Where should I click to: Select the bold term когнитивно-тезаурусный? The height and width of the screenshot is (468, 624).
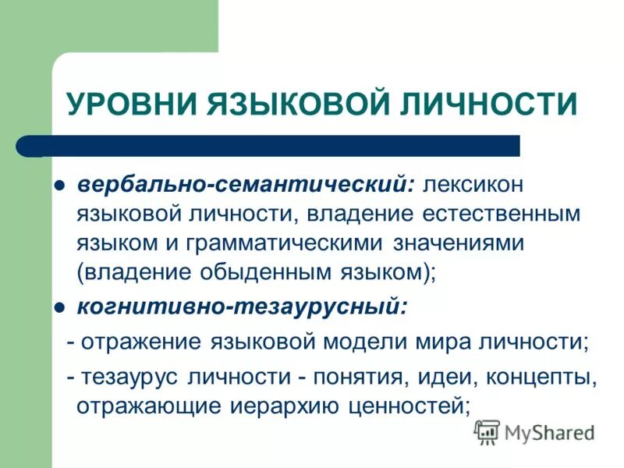click(x=241, y=306)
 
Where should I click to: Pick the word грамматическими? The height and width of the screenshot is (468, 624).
click(x=284, y=243)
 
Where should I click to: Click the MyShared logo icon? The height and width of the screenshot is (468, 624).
click(x=487, y=431)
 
